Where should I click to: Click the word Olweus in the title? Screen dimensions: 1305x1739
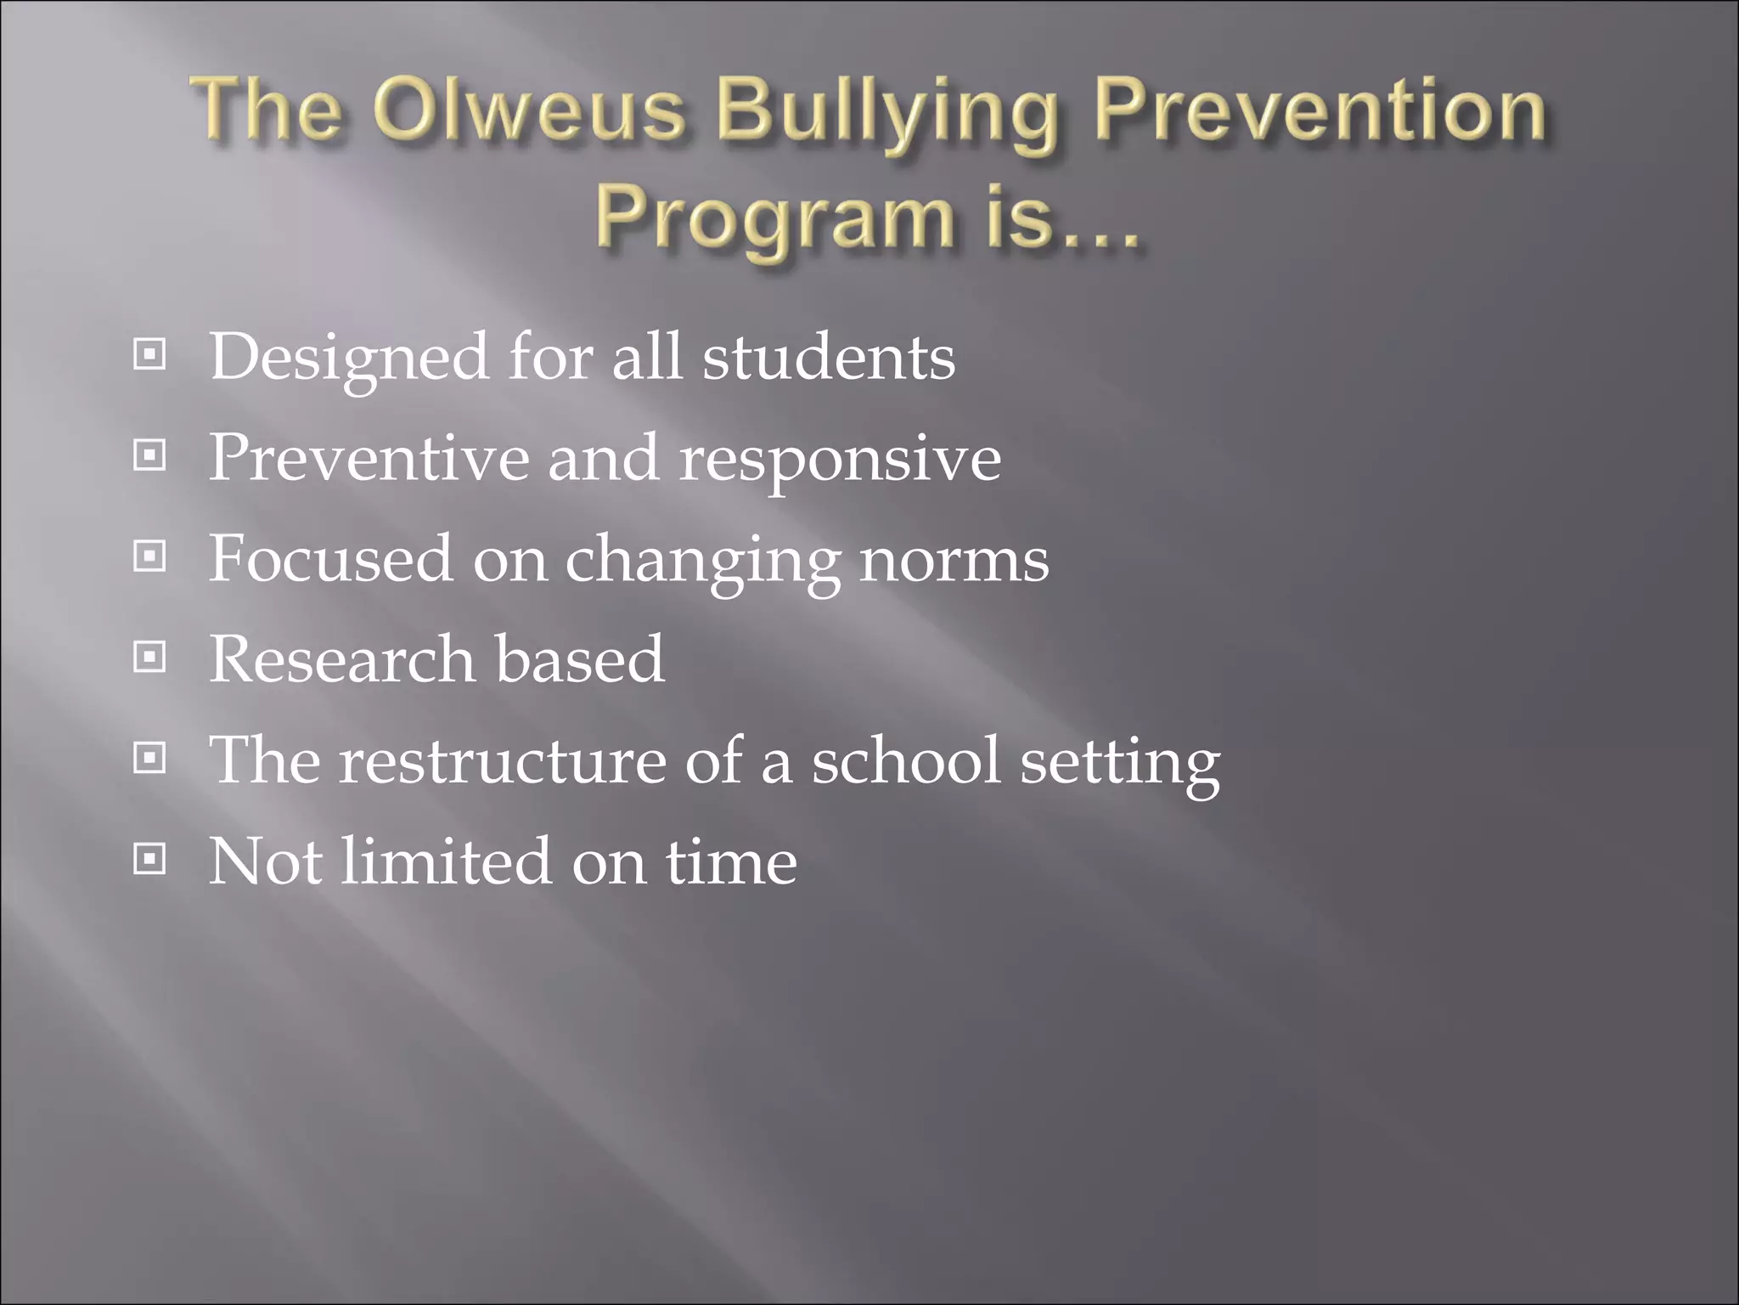tap(528, 110)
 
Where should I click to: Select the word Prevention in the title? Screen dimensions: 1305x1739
tap(1320, 110)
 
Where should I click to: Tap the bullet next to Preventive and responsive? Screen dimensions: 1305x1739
tap(149, 456)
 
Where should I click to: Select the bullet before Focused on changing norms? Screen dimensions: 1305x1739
tap(149, 556)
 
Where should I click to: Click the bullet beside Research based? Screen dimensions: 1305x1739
tap(149, 657)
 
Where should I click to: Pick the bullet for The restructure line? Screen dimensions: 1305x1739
tap(149, 758)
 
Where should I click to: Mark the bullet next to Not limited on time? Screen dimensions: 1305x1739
tap(149, 860)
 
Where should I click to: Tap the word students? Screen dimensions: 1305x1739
tap(828, 357)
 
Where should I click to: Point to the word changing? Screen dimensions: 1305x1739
tap(703, 562)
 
